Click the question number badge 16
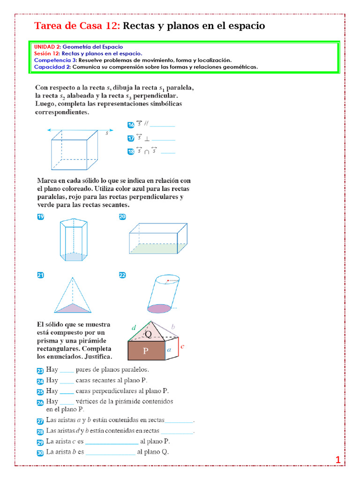[131, 125]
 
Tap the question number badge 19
[40, 217]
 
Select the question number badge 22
[122, 275]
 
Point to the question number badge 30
[40, 453]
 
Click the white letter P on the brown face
[146, 351]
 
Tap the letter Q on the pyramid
[148, 334]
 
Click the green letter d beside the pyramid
[134, 327]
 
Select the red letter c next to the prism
[182, 346]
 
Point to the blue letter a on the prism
[169, 349]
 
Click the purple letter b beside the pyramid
[173, 326]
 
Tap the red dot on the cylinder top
[168, 280]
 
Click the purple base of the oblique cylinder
[159, 308]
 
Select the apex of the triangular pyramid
[73, 277]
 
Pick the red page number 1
[338, 459]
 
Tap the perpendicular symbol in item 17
[147, 139]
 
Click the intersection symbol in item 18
[147, 152]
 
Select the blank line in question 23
[67, 372]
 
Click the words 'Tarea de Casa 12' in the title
[77, 26]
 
